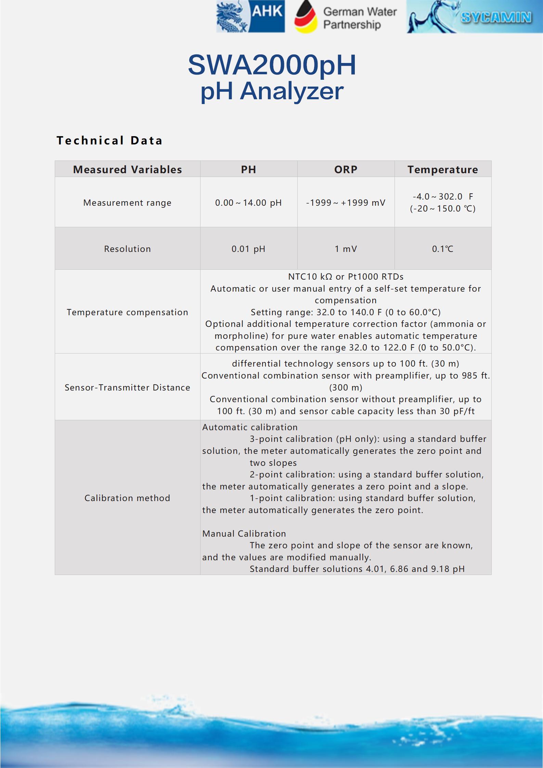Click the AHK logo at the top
click(x=250, y=17)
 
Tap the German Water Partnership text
click(x=360, y=18)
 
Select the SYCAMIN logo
click(x=474, y=17)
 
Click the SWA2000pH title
click(x=272, y=65)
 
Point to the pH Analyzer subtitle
click(x=272, y=91)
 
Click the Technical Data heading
click(x=109, y=140)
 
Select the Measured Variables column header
click(x=127, y=169)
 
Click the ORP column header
click(x=346, y=169)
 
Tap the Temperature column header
click(x=442, y=169)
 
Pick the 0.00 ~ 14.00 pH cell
click(x=248, y=203)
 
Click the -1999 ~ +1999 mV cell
click(x=346, y=203)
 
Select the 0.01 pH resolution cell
click(x=248, y=249)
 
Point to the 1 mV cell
click(x=346, y=249)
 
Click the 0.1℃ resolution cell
click(x=442, y=249)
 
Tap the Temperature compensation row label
click(x=127, y=312)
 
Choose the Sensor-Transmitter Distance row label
click(x=127, y=387)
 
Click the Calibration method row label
click(x=127, y=498)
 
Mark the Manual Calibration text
click(x=244, y=534)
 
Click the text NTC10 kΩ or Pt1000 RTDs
click(x=346, y=277)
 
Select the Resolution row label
click(x=127, y=249)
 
